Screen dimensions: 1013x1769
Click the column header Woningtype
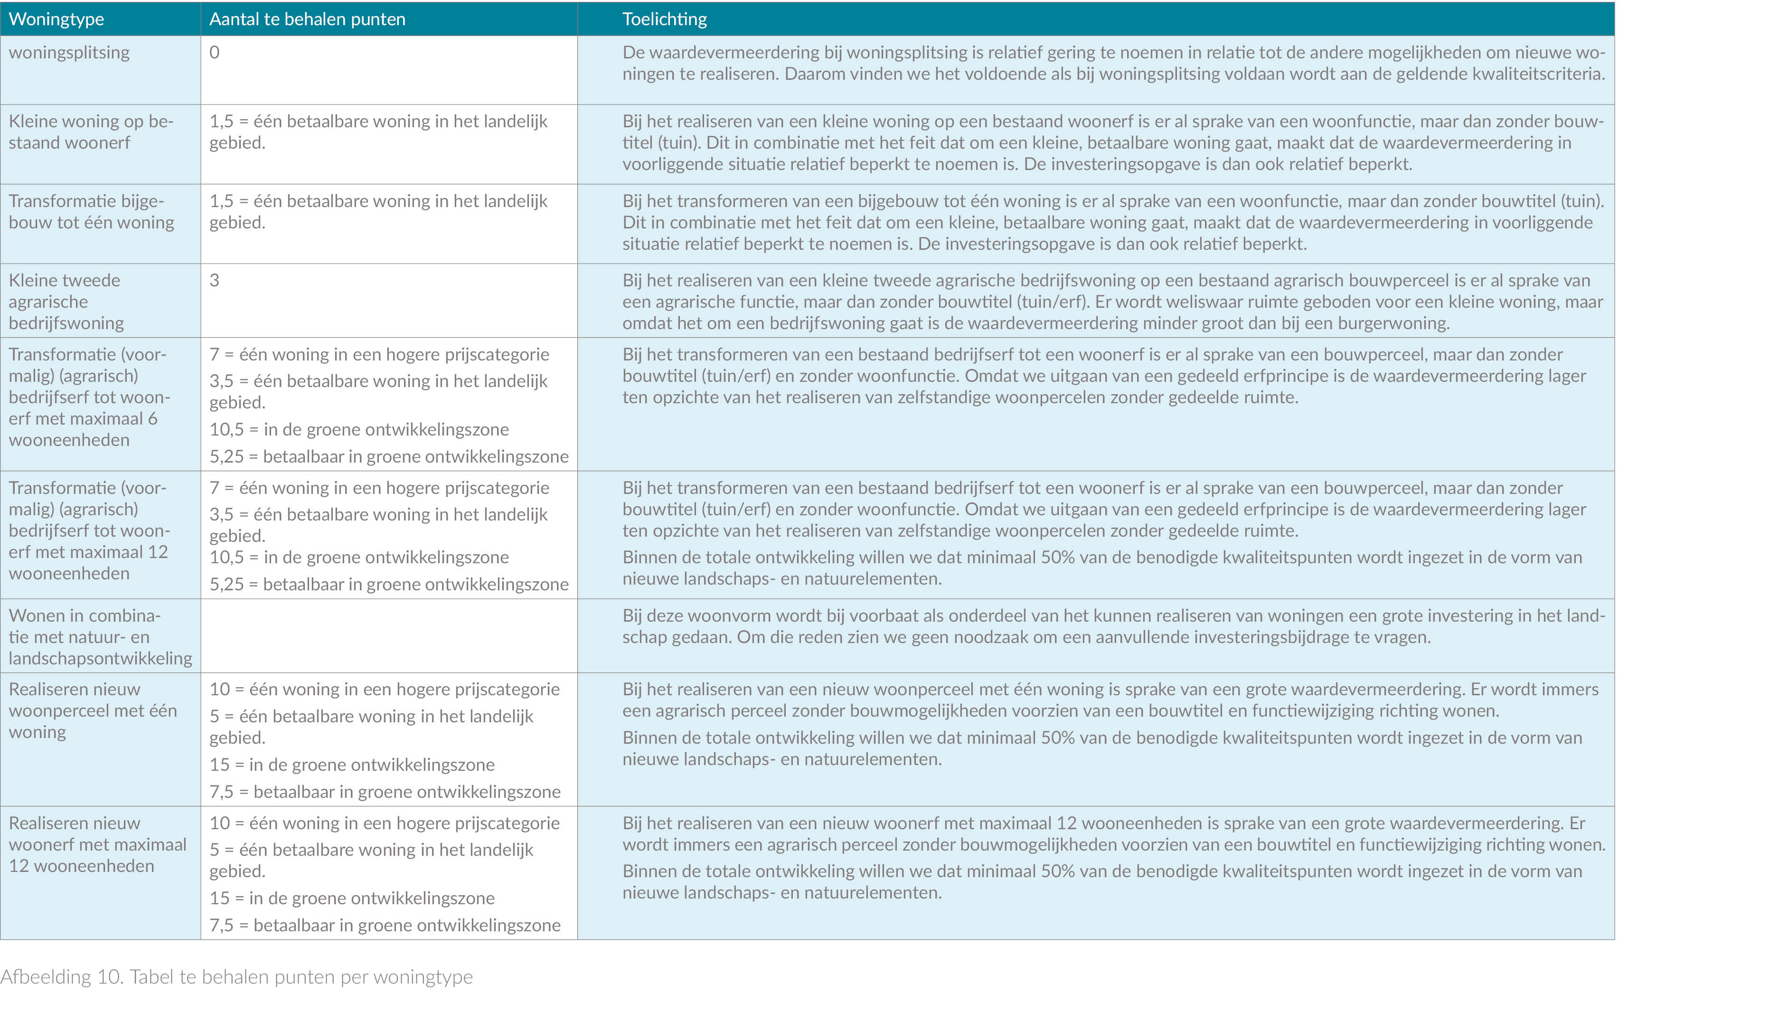(56, 19)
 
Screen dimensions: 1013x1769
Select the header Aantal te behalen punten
(307, 19)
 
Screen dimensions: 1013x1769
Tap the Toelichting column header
(664, 19)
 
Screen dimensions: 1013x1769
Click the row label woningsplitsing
(69, 52)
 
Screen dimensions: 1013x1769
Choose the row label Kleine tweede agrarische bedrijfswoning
(66, 301)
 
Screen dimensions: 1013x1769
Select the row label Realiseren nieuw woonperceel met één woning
(93, 710)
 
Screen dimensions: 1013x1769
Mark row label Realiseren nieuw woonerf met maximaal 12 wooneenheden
(97, 844)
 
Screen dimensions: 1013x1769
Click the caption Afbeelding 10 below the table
(236, 977)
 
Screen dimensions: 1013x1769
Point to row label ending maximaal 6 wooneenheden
(89, 397)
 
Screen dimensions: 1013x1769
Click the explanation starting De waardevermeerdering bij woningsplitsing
(1112, 63)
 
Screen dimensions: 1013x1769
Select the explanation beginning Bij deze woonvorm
(1112, 626)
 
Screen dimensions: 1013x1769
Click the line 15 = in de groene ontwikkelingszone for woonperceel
(352, 765)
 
